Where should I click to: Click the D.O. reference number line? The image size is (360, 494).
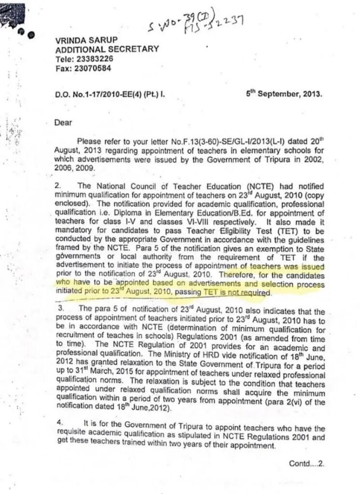tap(110, 95)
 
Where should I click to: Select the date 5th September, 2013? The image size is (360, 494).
tap(283, 94)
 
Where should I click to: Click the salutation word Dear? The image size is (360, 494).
tap(63, 123)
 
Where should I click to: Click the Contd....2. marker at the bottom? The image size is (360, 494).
tap(307, 463)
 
